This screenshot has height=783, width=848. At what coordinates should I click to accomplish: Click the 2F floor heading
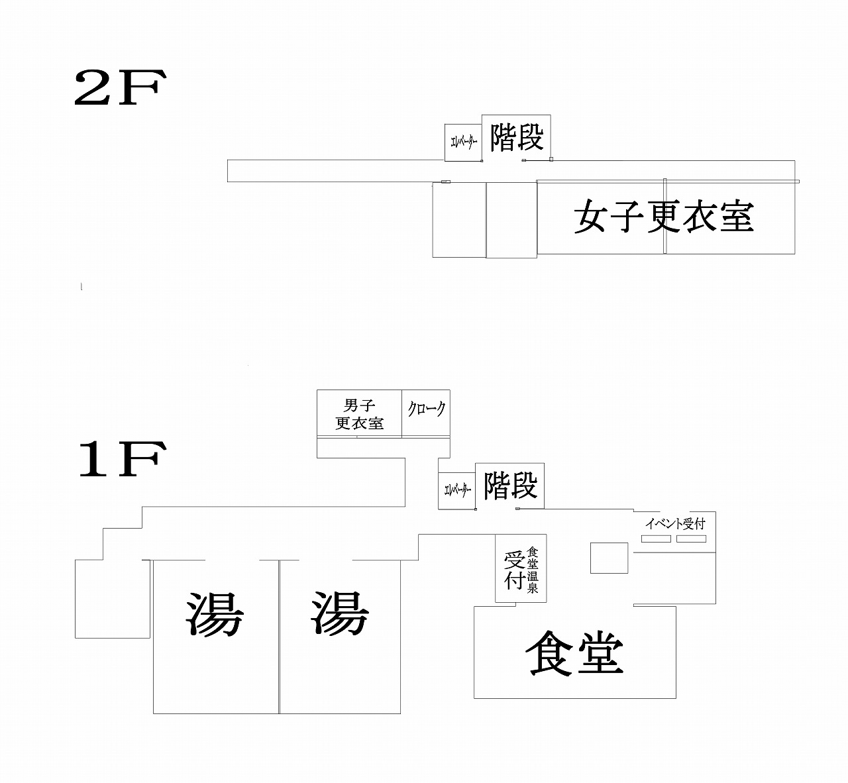point(120,88)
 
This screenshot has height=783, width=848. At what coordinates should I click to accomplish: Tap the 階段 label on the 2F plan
point(517,137)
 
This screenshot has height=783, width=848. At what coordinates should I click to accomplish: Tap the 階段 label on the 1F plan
point(510,486)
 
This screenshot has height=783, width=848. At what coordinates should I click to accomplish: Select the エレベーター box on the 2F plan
point(463,142)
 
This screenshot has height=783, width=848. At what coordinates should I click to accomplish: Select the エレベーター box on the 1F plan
point(457,491)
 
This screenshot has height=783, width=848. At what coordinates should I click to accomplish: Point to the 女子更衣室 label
point(664,216)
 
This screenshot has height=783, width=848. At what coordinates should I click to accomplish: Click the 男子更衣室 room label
point(360,414)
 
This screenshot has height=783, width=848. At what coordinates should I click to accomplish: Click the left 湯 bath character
point(215,614)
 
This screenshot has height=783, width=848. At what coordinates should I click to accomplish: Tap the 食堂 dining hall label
point(574,653)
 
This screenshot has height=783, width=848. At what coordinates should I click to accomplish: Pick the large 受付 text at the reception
point(515,570)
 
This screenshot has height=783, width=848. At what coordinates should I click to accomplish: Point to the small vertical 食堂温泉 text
point(533,570)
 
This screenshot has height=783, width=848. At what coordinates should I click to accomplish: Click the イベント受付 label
point(675,523)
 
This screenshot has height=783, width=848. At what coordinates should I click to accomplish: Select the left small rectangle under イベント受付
point(657,539)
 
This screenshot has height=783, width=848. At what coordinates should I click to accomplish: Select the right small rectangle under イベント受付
point(691,539)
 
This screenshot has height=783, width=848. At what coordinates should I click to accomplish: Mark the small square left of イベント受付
point(609,558)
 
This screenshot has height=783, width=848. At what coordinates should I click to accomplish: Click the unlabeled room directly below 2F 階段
point(511,220)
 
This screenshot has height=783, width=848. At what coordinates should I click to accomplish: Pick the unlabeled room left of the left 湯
point(113,599)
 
